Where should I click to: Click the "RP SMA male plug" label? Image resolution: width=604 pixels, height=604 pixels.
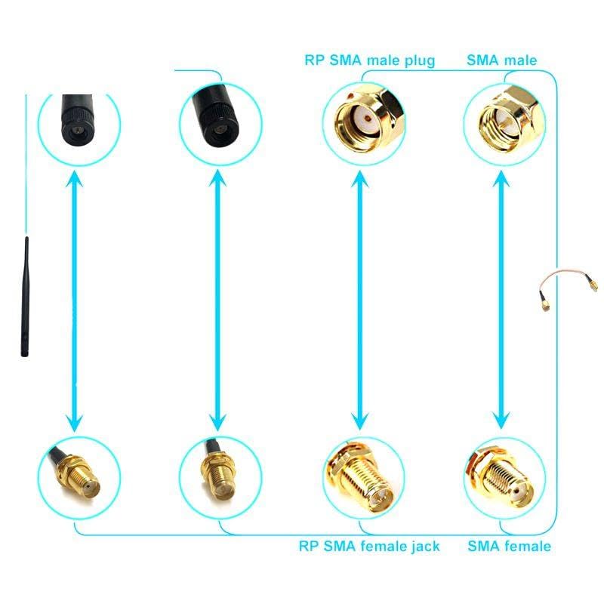[369, 60]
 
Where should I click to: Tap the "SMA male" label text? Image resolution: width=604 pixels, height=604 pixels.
[501, 60]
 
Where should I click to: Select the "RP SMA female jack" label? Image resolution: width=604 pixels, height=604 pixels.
[369, 546]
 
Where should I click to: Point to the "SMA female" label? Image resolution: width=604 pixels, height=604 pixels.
[509, 546]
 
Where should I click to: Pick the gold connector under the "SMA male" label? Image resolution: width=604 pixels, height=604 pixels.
[504, 121]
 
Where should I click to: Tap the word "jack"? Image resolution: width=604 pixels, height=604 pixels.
[424, 546]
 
